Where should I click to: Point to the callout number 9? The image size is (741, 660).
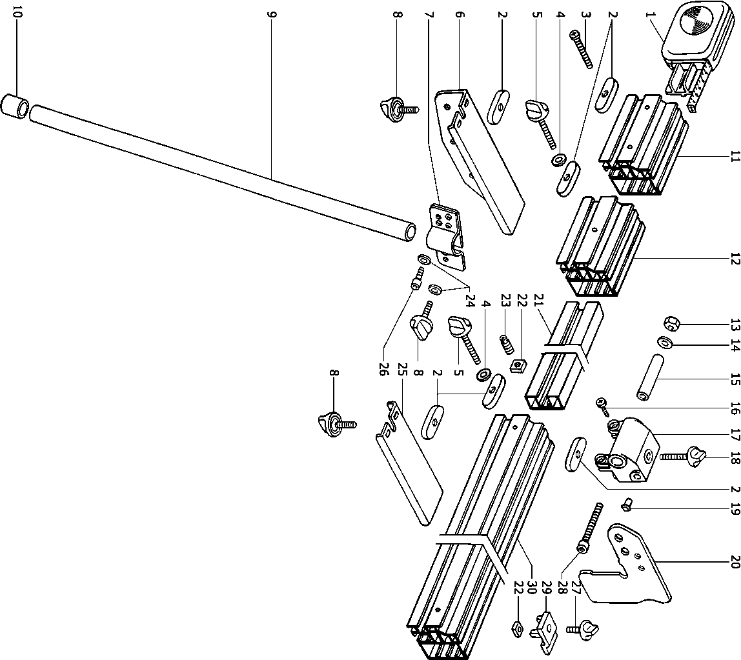tap(270, 12)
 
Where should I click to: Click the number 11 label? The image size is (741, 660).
tap(734, 156)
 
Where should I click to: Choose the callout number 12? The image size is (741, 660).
tap(734, 259)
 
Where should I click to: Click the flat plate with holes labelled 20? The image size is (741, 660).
tap(639, 568)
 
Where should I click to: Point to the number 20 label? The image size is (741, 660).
tap(734, 563)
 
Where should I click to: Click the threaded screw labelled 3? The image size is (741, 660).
tap(582, 50)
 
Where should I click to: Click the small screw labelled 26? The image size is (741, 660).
tap(417, 281)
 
